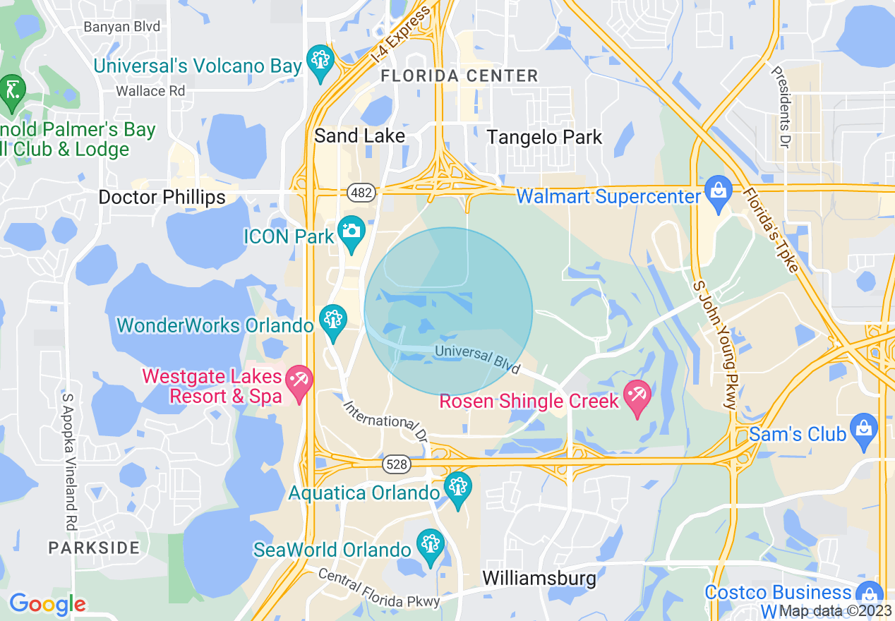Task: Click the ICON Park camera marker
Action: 351,231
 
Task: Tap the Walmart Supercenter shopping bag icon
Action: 719,191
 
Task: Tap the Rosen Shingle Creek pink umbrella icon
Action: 638,396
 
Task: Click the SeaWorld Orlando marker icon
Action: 429,545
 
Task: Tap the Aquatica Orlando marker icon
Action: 458,488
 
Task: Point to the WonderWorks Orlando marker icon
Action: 332,320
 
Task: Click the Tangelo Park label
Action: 545,137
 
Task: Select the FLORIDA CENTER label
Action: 459,76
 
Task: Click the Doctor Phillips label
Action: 162,197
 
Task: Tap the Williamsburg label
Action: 539,579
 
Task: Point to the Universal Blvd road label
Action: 478,358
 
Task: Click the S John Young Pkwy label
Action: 714,344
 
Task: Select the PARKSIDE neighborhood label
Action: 94,547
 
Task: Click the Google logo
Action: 47,604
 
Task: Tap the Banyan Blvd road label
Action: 121,27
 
